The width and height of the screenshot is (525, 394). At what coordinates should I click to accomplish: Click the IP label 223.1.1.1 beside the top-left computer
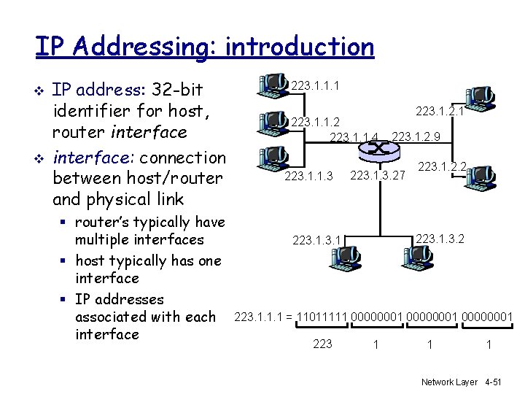(314, 86)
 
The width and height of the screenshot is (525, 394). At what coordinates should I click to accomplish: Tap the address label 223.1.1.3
(308, 175)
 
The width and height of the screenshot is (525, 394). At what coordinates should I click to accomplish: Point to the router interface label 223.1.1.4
(354, 136)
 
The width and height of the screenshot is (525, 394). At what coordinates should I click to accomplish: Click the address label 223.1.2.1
(440, 111)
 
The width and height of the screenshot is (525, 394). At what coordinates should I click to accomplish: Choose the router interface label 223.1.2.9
(416, 136)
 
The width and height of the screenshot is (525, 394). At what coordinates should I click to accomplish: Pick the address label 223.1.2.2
(442, 167)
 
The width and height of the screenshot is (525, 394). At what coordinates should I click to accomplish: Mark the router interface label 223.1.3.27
(378, 175)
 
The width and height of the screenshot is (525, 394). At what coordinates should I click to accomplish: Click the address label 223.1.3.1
(316, 239)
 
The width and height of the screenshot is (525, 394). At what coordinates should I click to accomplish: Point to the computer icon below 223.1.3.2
(417, 257)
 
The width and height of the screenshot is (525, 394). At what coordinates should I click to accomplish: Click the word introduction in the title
(300, 46)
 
